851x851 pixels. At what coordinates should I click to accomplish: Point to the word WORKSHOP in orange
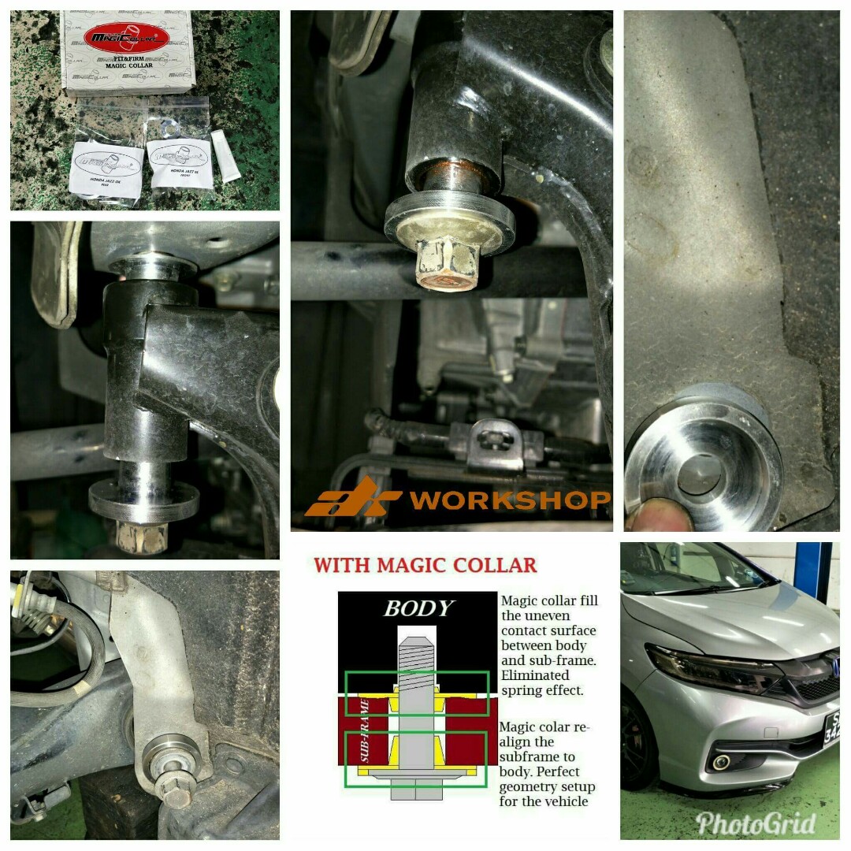click(x=511, y=500)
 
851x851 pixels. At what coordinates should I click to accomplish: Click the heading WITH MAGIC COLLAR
click(x=425, y=565)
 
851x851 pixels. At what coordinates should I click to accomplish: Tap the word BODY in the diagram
click(x=418, y=608)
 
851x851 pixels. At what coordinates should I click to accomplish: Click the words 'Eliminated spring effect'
click(x=544, y=682)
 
